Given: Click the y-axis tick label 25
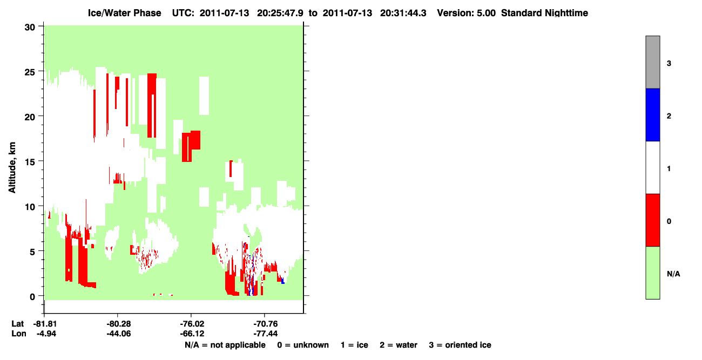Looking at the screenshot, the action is click(30, 72).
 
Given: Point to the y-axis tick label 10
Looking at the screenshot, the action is click(30, 207).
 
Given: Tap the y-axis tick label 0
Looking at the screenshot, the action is click(32, 297).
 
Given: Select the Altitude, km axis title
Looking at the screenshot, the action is click(12, 168).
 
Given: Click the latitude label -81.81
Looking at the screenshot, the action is click(44, 324).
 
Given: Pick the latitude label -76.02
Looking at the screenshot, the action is click(192, 324).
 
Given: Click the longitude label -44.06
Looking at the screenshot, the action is click(118, 334).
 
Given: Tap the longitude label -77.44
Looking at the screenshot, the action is click(266, 334).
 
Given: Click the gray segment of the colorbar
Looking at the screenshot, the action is click(652, 62).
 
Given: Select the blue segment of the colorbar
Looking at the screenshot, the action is click(652, 114).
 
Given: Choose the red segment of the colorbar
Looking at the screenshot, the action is click(652, 220).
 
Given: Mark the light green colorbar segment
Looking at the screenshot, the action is click(652, 273).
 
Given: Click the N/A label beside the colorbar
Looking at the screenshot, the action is click(673, 274).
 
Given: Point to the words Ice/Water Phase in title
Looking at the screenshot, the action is click(124, 13).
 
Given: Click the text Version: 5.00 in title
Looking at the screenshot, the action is click(467, 13).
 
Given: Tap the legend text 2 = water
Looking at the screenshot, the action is click(399, 345).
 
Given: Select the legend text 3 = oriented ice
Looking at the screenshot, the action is click(460, 345).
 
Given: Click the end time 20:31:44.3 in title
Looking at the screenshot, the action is click(403, 13).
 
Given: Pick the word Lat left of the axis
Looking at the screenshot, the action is click(17, 324).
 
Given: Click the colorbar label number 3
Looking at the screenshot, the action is click(669, 63).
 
